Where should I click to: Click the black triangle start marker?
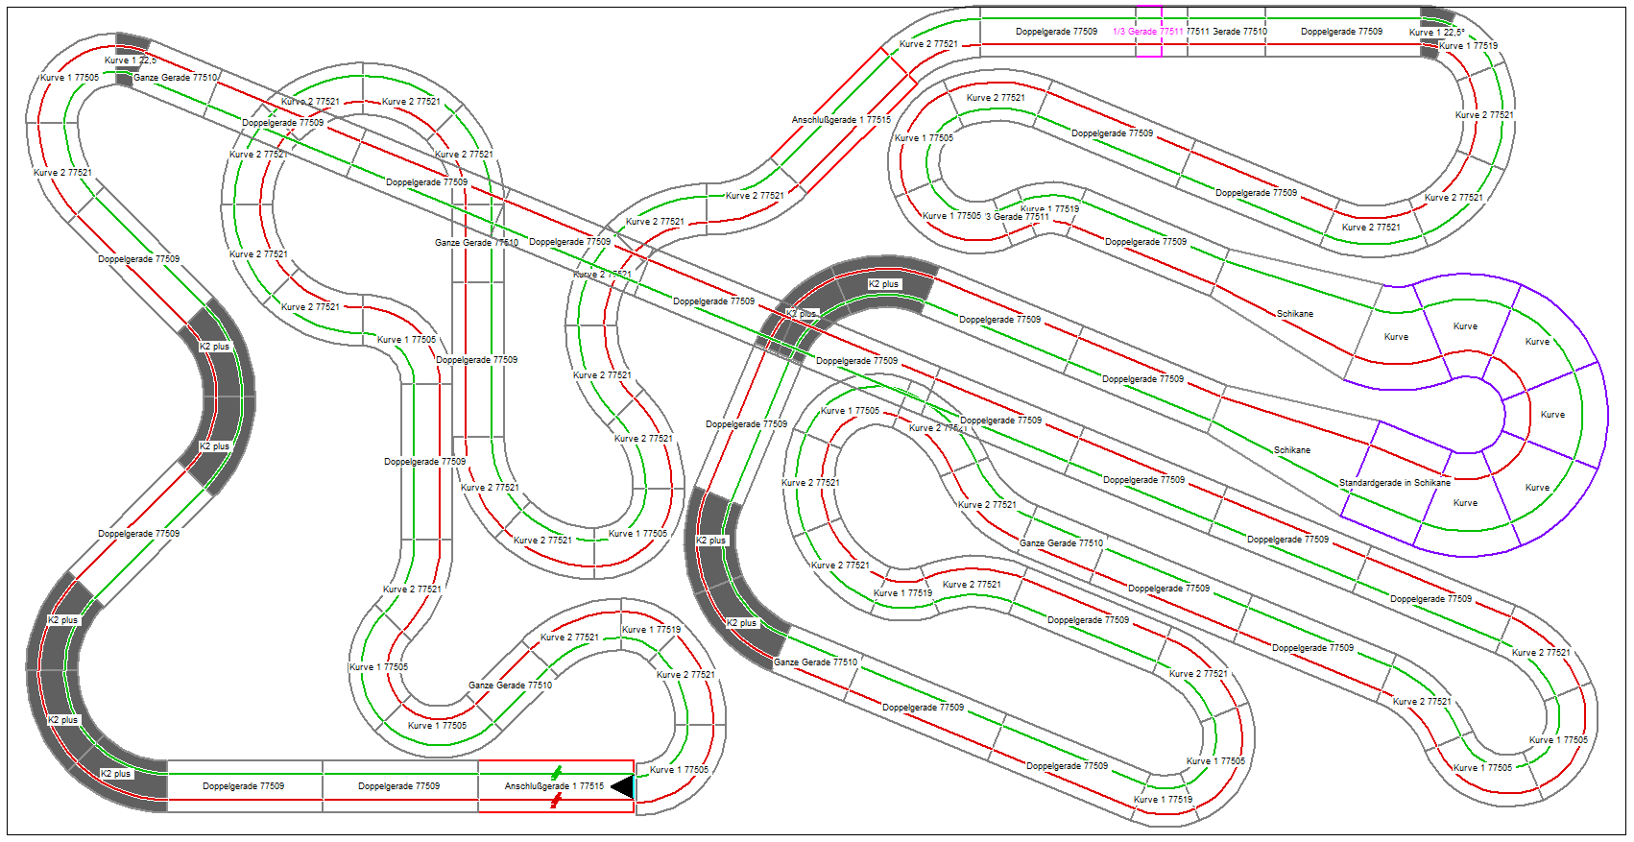click(x=622, y=787)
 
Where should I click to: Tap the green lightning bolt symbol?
click(x=557, y=773)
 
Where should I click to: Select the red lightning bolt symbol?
click(x=556, y=800)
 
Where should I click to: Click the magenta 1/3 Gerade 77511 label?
click(x=1147, y=32)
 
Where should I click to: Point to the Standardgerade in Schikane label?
click(x=1394, y=483)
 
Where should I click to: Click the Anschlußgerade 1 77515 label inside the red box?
click(x=554, y=786)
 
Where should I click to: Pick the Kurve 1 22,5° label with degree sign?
click(x=1436, y=33)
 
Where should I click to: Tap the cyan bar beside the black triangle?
click(x=635, y=787)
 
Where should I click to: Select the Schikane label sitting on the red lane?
click(x=1294, y=314)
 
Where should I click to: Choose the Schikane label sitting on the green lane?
click(x=1291, y=450)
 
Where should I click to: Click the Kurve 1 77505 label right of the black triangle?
click(x=679, y=770)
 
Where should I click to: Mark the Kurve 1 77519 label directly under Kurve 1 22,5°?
click(x=1468, y=46)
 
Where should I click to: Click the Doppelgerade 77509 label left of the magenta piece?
click(x=1056, y=32)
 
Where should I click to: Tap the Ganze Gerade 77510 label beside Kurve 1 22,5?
click(x=175, y=78)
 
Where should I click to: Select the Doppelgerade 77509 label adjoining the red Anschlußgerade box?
click(x=398, y=786)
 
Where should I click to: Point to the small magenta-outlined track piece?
click(x=1148, y=32)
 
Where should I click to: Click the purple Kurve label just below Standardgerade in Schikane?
click(x=1465, y=503)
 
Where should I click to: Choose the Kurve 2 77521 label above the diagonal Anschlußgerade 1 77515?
click(x=928, y=44)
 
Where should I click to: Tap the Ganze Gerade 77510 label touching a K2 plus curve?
click(x=815, y=662)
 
